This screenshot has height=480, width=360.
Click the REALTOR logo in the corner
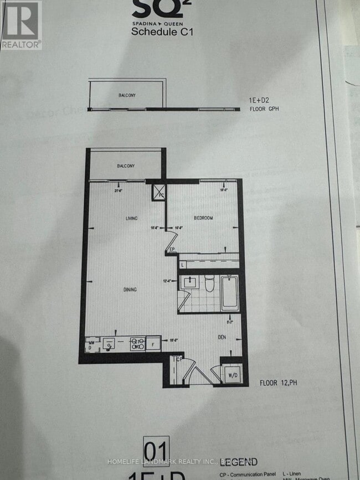[20, 25]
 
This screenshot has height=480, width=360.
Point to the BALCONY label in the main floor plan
[126, 166]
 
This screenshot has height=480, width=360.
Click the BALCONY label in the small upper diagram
[127, 95]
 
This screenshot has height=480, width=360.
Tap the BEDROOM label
[203, 218]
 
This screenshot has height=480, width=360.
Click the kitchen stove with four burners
[137, 344]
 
